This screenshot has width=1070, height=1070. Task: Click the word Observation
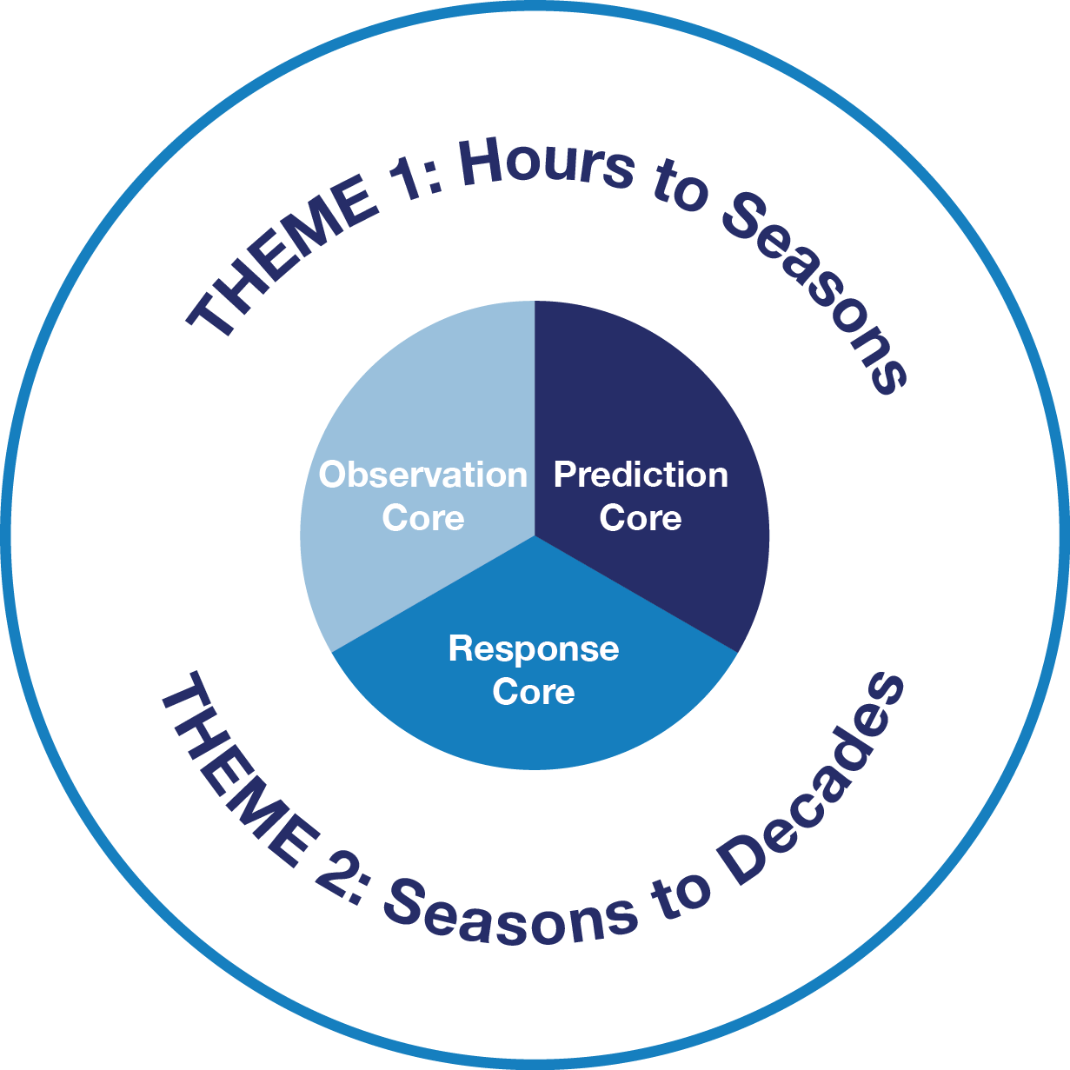click(423, 475)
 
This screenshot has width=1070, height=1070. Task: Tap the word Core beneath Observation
click(423, 519)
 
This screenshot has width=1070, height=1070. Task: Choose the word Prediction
click(641, 475)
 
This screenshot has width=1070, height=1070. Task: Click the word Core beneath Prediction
click(641, 519)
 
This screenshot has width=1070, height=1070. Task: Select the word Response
click(534, 649)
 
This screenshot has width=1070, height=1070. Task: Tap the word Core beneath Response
click(534, 693)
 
